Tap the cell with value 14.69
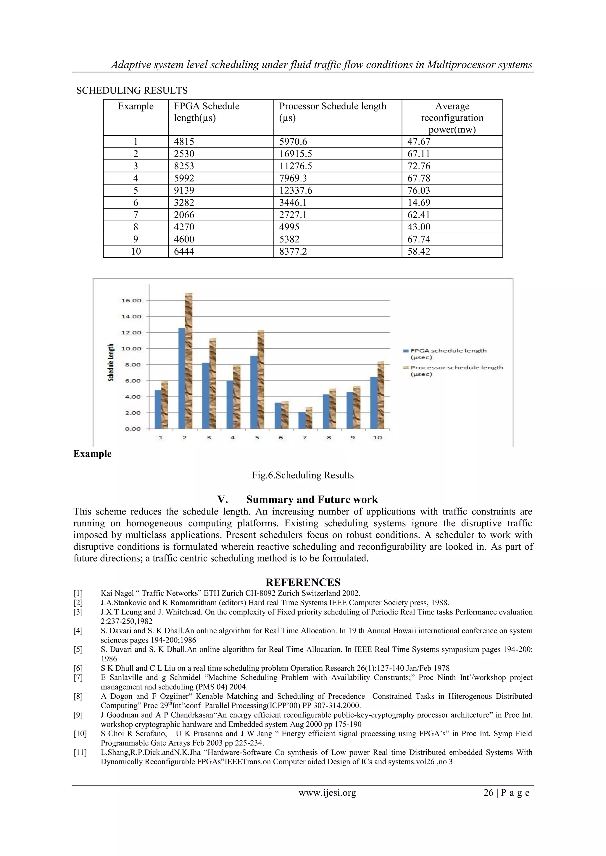(419, 203)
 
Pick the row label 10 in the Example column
(136, 251)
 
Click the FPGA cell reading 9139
(184, 190)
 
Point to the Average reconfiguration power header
(452, 117)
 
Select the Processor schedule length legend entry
(456, 370)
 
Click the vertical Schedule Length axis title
(111, 363)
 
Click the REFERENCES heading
(303, 582)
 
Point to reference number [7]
(78, 677)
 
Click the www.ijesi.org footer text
(327, 793)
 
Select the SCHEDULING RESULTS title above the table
(132, 90)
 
